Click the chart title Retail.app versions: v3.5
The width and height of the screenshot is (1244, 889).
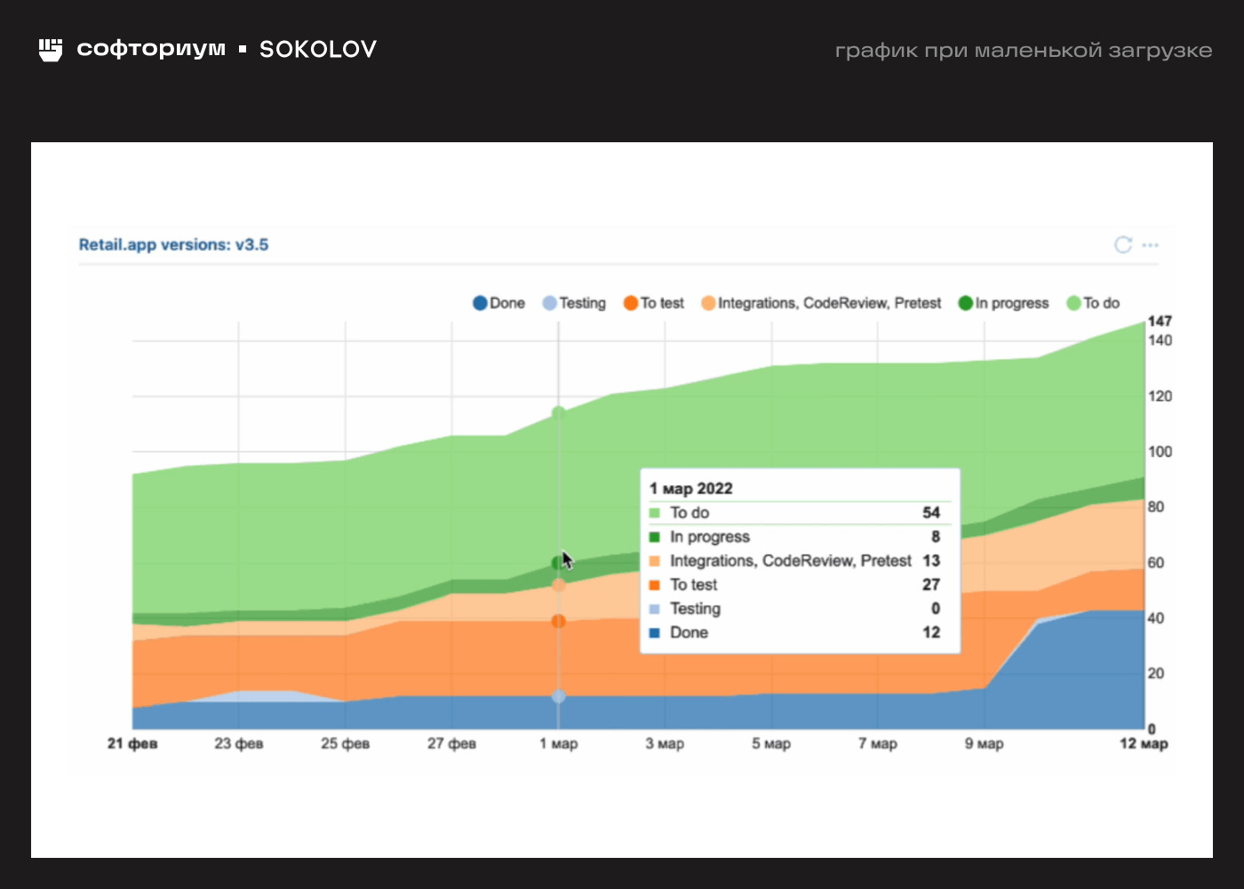tap(173, 244)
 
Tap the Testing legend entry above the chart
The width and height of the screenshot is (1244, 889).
tap(574, 303)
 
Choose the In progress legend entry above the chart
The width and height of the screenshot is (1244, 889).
tap(1003, 303)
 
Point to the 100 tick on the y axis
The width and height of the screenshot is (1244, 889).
tap(1160, 452)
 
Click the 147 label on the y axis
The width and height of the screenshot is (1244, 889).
tap(1160, 321)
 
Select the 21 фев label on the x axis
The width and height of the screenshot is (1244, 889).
tap(132, 743)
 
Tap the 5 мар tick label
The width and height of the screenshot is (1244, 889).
tap(771, 743)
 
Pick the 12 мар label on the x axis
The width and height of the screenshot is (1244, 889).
tap(1144, 743)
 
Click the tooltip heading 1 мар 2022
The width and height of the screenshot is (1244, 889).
tap(691, 488)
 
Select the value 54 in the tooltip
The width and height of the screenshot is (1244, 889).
tap(930, 513)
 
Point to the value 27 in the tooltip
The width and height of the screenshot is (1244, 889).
tap(930, 585)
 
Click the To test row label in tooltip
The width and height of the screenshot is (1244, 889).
tap(693, 585)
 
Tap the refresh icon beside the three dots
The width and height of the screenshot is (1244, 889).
tap(1123, 244)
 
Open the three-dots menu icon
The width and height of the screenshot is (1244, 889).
tap(1151, 244)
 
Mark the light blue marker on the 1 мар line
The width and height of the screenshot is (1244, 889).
tap(558, 696)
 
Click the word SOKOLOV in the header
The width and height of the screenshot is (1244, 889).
tap(318, 49)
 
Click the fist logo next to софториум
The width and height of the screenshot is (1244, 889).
tap(51, 50)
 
